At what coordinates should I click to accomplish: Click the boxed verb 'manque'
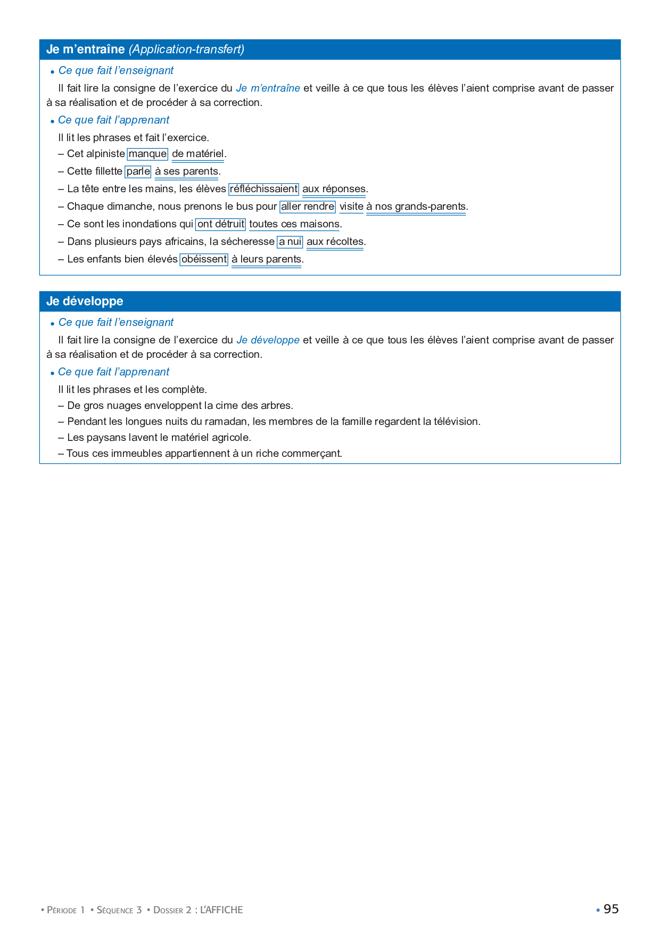click(x=147, y=154)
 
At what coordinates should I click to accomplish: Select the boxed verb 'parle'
click(x=138, y=171)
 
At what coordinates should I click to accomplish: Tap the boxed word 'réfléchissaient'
click(x=263, y=189)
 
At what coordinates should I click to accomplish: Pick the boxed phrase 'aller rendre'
click(x=308, y=207)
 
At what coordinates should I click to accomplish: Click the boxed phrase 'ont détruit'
click(x=220, y=224)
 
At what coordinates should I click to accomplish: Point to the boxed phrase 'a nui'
click(x=290, y=242)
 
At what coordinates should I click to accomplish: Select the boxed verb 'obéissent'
click(x=204, y=259)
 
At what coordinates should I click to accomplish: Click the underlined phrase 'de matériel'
click(x=197, y=154)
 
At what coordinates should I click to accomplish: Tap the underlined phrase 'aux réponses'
click(x=334, y=189)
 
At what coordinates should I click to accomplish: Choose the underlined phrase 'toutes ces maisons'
click(x=294, y=224)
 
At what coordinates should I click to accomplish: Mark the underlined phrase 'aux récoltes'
click(x=335, y=242)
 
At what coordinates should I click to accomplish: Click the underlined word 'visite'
click(x=351, y=207)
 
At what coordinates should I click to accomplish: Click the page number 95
click(x=611, y=909)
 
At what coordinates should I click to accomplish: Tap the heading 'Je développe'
click(x=85, y=301)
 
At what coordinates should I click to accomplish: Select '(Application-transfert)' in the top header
click(x=186, y=50)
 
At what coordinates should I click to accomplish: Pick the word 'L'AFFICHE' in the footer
click(x=221, y=910)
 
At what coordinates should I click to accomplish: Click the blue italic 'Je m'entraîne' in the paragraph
click(x=268, y=88)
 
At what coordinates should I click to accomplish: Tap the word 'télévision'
click(x=457, y=422)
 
